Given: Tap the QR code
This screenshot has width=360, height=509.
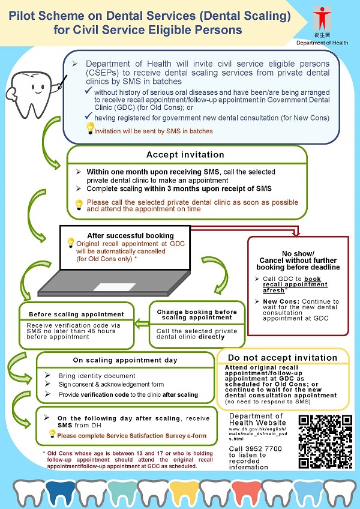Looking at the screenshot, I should point(322,442).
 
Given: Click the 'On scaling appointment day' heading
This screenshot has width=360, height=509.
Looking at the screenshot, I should point(125,359).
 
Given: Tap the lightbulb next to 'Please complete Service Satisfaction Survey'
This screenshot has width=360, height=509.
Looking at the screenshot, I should point(52,433).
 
